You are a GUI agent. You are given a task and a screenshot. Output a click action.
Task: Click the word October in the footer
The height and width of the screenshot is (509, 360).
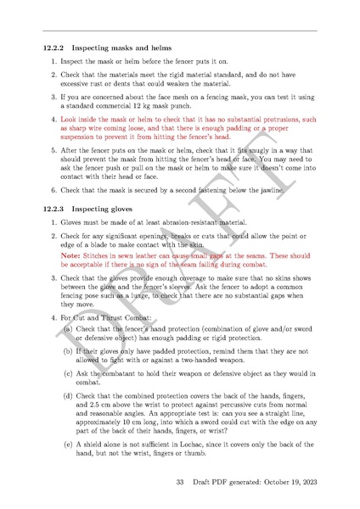point(267,483)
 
